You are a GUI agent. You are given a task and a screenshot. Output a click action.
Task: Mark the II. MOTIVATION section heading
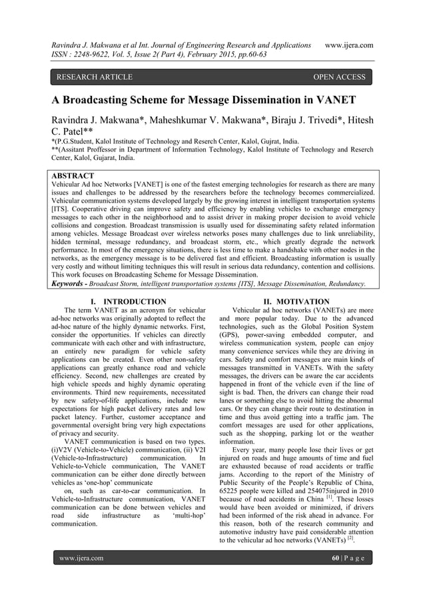tap(296, 302)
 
